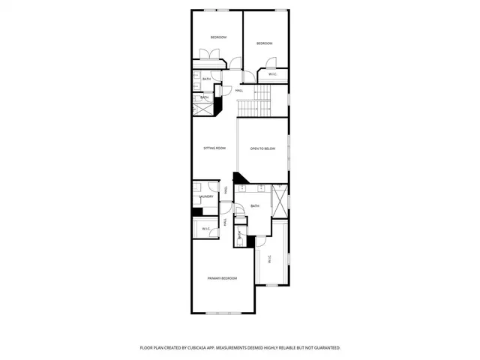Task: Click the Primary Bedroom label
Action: tap(222, 278)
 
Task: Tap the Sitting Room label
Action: tap(214, 148)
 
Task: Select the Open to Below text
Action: tap(263, 148)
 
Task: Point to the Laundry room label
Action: tap(205, 196)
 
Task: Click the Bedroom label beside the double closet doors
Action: tap(218, 37)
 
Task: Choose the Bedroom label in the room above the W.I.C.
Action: tap(264, 43)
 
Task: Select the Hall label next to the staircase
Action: tap(239, 91)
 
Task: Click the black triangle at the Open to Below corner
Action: tap(240, 178)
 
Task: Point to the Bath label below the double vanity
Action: tap(255, 206)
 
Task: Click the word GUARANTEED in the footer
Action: tap(324, 348)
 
